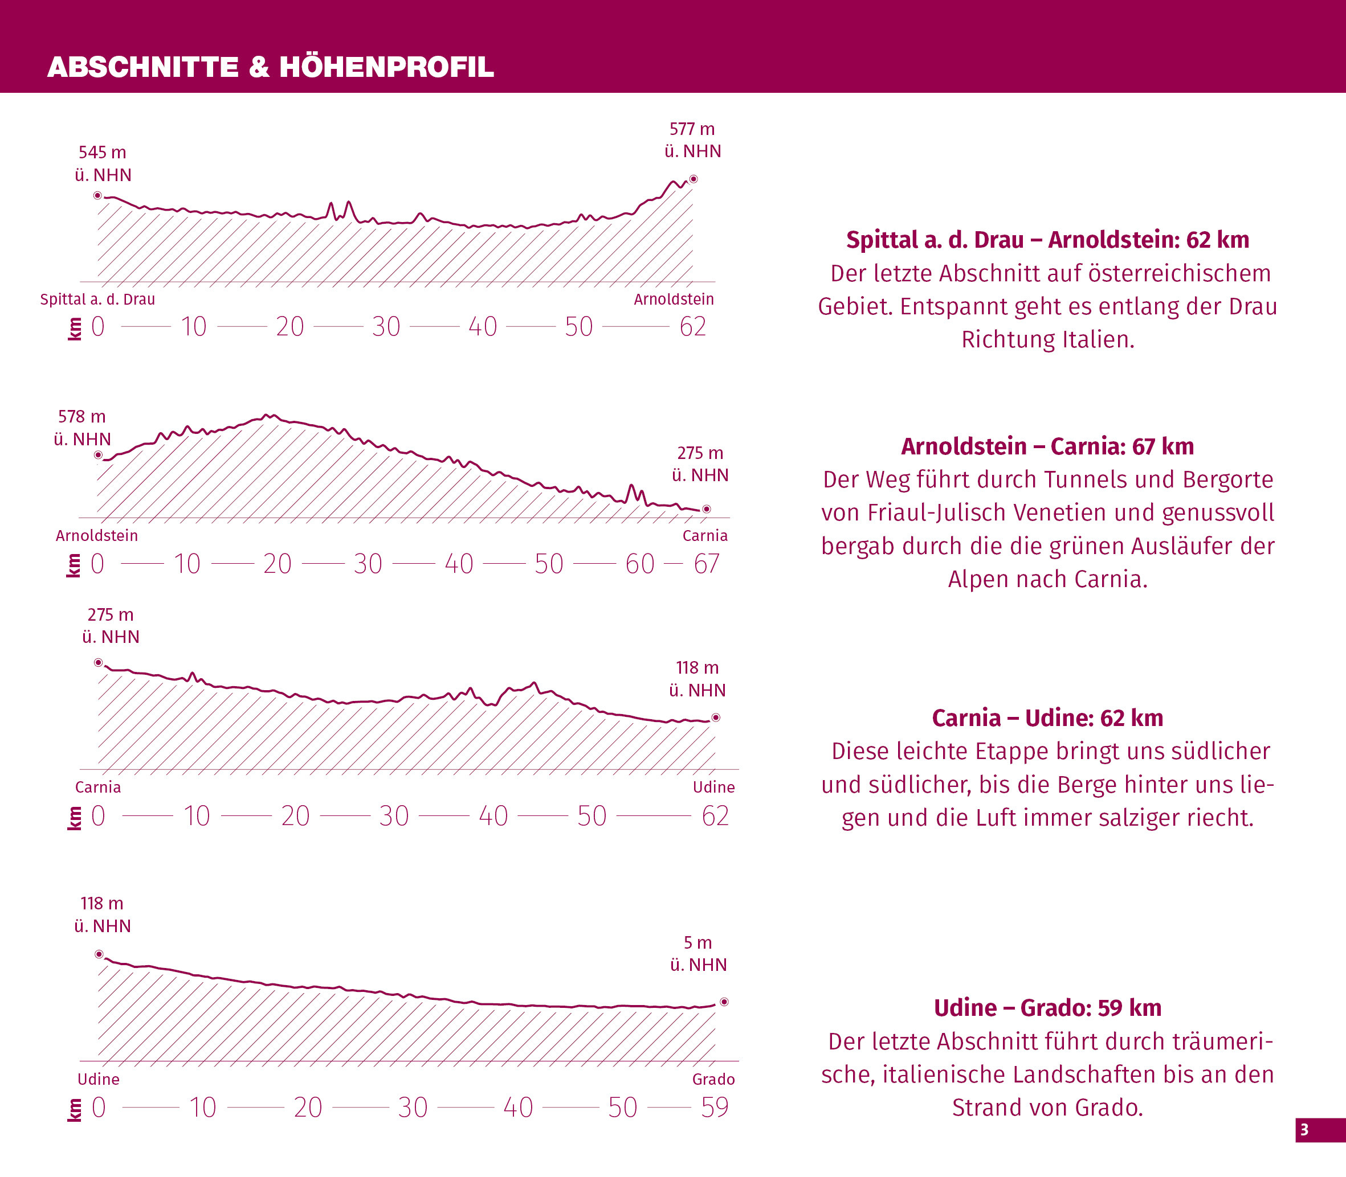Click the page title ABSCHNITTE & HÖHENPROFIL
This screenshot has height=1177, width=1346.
[x=270, y=67]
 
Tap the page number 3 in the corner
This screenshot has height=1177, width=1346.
[x=1304, y=1130]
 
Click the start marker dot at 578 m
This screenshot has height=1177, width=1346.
[x=99, y=455]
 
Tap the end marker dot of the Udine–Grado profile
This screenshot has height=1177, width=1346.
[x=724, y=1002]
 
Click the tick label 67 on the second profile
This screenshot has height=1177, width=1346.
[x=707, y=564]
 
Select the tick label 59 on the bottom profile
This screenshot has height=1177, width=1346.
[x=715, y=1108]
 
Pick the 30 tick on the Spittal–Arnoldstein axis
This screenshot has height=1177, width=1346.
[x=386, y=326]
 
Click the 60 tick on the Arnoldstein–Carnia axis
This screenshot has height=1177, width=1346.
[x=639, y=564]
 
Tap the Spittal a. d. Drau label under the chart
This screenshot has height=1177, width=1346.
[x=97, y=300]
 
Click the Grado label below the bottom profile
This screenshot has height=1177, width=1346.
[x=713, y=1079]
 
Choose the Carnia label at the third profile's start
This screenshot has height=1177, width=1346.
[x=98, y=788]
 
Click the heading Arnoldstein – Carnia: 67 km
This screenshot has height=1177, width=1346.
[x=1047, y=446]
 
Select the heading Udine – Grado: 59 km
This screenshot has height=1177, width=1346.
[x=1047, y=1007]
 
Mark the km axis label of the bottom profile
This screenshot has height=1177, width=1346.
[x=74, y=1109]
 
